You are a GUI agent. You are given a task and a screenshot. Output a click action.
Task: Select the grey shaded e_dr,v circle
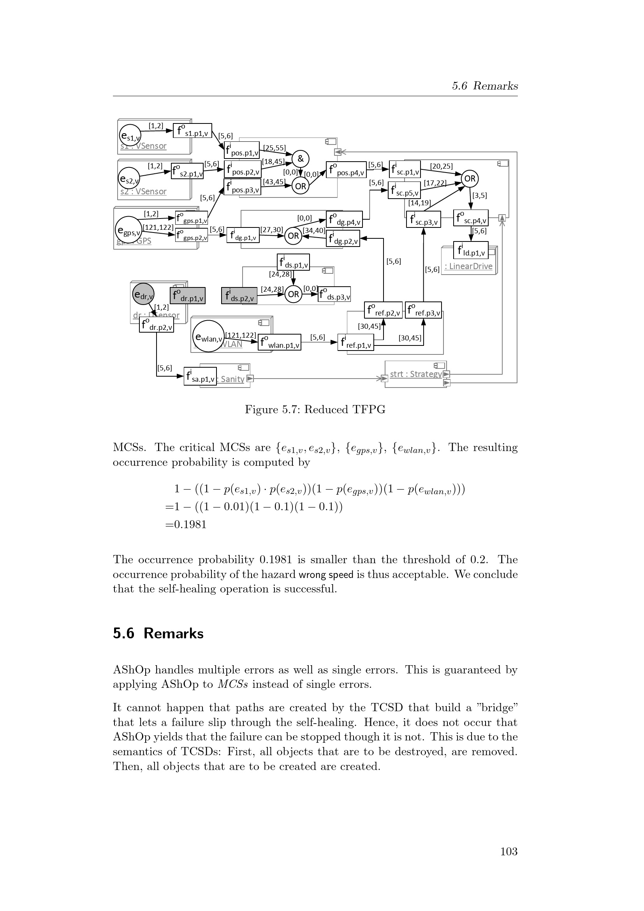pos(143,294)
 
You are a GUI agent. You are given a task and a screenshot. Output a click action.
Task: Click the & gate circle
pos(301,159)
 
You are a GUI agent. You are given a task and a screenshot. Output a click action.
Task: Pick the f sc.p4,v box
pos(471,218)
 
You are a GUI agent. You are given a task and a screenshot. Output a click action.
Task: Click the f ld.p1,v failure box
pos(471,250)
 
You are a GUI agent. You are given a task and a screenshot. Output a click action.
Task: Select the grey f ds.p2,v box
pos(239,296)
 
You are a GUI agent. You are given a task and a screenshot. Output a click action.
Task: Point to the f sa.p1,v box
pos(200,377)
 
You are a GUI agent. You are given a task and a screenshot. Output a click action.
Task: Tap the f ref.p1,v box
pos(356,342)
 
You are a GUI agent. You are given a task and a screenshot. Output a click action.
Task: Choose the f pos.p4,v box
pos(346,170)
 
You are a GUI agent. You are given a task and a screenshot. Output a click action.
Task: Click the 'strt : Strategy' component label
pos(415,374)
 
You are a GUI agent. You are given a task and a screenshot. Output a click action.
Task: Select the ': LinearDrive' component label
pos(468,266)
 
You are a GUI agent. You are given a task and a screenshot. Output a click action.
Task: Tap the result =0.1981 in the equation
pos(186,525)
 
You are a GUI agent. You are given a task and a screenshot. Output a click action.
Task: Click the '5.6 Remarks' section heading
pos(158,634)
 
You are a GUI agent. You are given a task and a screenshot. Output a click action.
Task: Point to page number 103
pos(509,851)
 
